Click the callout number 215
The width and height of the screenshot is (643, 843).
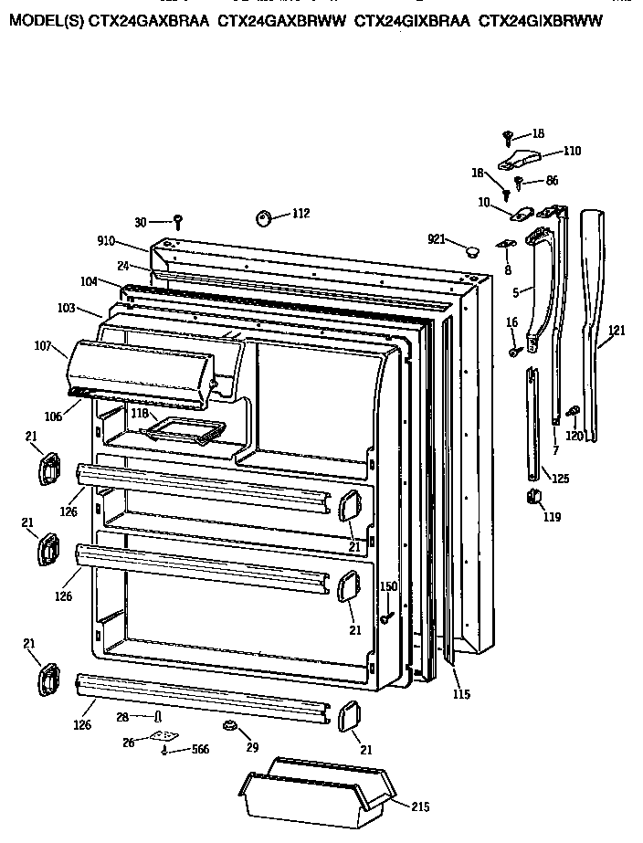419,806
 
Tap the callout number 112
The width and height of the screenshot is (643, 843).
300,214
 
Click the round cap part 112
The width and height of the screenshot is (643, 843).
265,217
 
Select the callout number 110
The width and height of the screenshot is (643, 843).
572,151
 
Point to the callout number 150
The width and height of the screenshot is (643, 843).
388,586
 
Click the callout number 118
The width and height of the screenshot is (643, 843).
139,414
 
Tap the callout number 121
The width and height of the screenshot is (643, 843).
617,331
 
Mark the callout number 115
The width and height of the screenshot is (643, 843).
460,694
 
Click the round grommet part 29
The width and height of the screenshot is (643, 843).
229,725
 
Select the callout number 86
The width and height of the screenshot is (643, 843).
552,182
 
